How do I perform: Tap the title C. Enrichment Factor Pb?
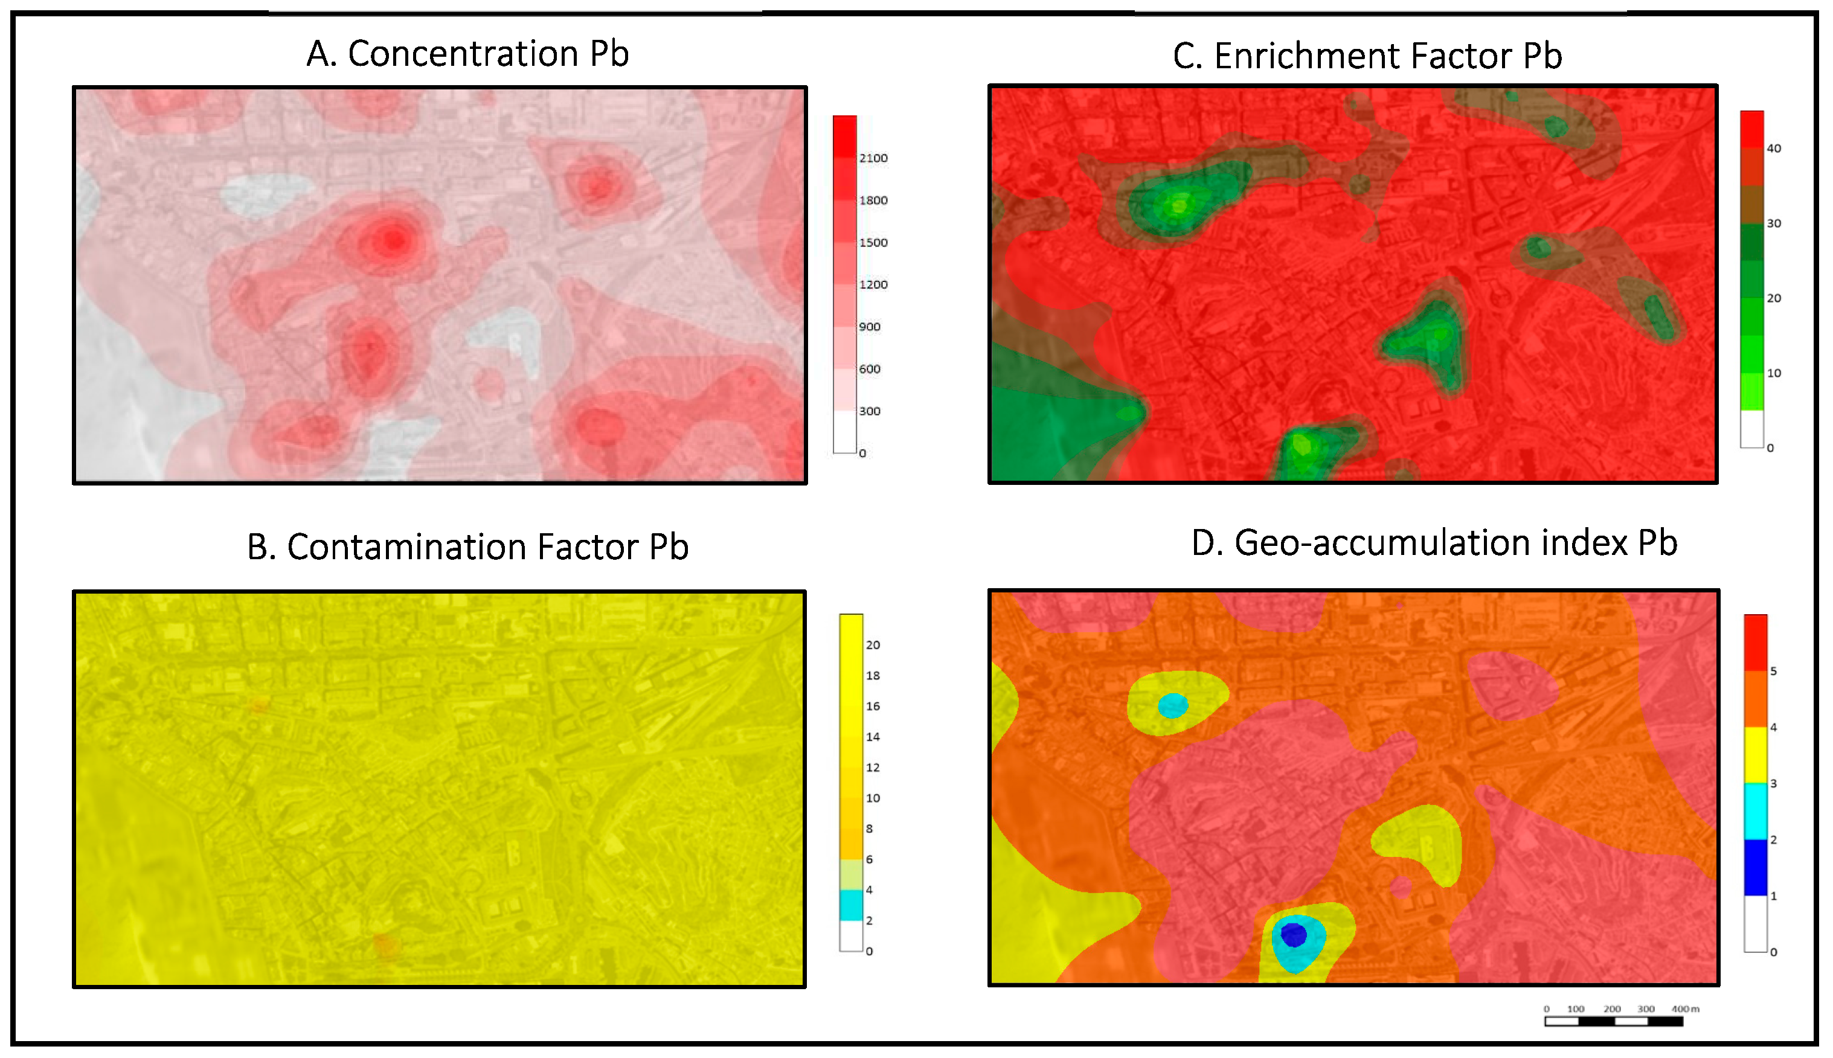tap(1367, 56)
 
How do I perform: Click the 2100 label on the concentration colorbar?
tap(873, 158)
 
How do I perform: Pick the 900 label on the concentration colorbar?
tap(869, 327)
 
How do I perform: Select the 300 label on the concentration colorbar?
tap(869, 411)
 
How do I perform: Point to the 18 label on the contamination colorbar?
tap(872, 676)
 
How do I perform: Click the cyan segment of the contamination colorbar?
tap(851, 905)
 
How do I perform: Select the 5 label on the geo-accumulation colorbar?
tap(1773, 672)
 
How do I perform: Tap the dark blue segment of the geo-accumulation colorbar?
tap(1755, 868)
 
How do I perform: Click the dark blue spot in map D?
tap(1293, 934)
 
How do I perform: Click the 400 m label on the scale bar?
tap(1685, 1008)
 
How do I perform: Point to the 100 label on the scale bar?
tap(1575, 1008)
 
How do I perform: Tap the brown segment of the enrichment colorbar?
tap(1751, 204)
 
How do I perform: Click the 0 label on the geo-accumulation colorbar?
tap(1773, 952)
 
